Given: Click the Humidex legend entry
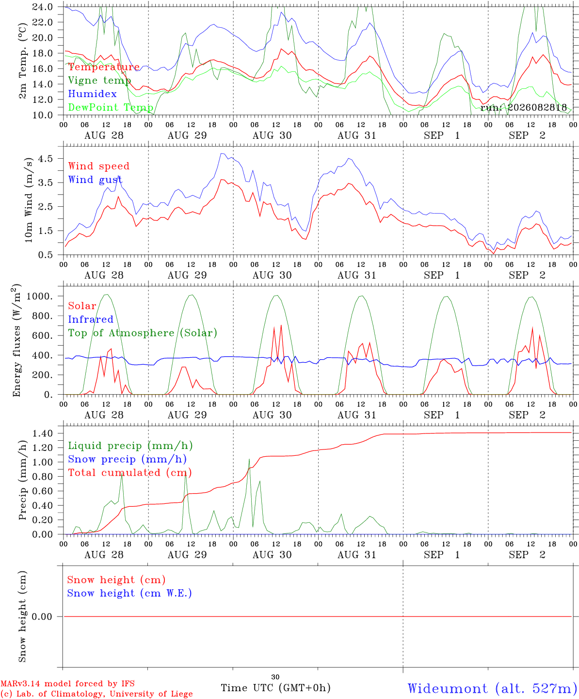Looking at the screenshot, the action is [x=92, y=94].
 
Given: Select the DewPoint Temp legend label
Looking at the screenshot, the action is [x=111, y=107].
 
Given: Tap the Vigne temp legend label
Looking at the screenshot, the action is [x=99, y=81].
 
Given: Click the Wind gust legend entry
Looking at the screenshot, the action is [x=95, y=180].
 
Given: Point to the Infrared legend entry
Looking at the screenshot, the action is [x=91, y=319].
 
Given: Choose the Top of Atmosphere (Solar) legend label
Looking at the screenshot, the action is [x=143, y=333].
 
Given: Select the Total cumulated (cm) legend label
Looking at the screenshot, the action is [x=130, y=473].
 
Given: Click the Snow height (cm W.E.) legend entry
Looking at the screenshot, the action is [x=129, y=593].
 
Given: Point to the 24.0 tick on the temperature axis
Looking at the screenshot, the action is [x=43, y=7].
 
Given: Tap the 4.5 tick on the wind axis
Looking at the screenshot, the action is [x=45, y=158].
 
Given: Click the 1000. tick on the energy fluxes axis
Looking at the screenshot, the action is [x=40, y=296].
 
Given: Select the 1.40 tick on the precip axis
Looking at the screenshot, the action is [x=43, y=433].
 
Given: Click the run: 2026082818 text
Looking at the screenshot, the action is [x=523, y=107].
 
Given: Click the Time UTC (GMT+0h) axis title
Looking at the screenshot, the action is [x=275, y=688].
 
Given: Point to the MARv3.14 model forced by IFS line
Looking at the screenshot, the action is [x=67, y=683].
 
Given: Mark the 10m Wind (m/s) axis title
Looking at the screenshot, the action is [x=29, y=200].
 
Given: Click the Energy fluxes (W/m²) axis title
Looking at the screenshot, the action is [x=16, y=340].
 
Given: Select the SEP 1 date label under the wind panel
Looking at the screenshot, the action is [x=442, y=275].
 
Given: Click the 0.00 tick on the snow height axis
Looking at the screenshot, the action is [x=43, y=617].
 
